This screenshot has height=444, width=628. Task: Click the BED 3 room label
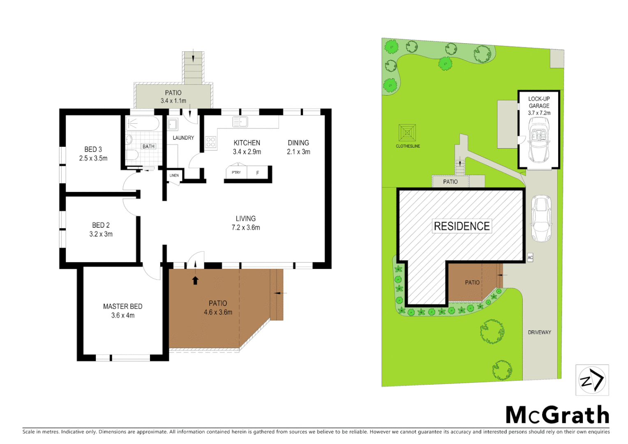click(x=93, y=149)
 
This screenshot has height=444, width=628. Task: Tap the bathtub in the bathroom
click(x=142, y=123)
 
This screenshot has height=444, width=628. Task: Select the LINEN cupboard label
click(x=174, y=176)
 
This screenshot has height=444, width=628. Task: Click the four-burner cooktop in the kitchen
click(x=211, y=142)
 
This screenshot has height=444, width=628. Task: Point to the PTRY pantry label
click(x=236, y=173)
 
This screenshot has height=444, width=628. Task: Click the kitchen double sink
click(x=240, y=122)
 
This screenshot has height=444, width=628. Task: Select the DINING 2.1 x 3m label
click(x=298, y=147)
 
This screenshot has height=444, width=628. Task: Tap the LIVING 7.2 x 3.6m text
click(x=246, y=223)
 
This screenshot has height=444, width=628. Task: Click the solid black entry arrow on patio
click(x=196, y=280)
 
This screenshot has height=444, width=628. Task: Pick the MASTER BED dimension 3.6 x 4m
click(x=123, y=315)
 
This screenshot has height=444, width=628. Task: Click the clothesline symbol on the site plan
click(x=407, y=133)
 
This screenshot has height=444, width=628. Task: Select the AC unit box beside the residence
click(x=530, y=258)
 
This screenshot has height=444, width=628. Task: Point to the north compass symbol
click(x=592, y=380)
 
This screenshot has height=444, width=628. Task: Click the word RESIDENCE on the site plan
click(x=462, y=226)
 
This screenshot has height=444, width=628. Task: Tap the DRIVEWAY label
click(x=539, y=332)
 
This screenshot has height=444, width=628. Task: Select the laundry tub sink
click(x=173, y=124)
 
